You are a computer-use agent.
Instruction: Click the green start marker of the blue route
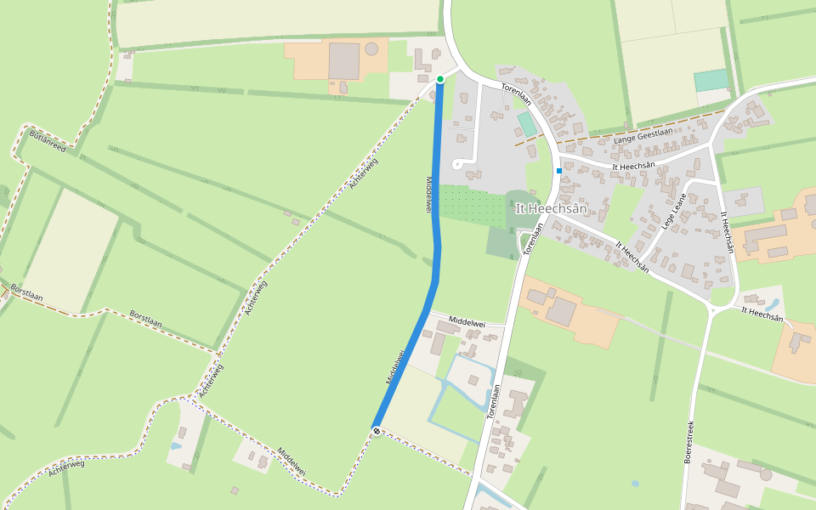440,79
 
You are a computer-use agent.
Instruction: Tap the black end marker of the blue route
376,431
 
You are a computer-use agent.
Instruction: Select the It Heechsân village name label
551,208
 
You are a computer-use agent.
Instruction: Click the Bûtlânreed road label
48,141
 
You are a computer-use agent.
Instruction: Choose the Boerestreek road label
689,441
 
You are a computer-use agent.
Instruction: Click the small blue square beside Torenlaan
559,171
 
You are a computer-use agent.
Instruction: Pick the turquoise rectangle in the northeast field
711,81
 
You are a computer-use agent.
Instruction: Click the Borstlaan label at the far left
28,295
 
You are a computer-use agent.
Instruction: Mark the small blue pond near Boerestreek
635,484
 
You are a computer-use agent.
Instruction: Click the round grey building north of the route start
371,48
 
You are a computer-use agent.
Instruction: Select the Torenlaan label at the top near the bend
516,94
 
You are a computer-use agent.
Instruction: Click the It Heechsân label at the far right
762,315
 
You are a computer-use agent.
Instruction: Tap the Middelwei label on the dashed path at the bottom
291,461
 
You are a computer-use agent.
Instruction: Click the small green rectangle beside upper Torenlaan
527,125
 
